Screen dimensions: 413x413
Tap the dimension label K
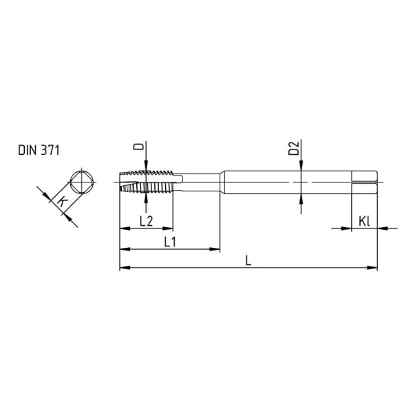pyautogui.click(x=61, y=202)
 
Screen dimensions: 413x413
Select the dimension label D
pyautogui.click(x=138, y=148)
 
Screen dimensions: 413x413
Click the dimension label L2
pyautogui.click(x=146, y=220)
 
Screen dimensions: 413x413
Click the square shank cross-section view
pyautogui.click(x=81, y=183)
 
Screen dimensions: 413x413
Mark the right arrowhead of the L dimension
pyautogui.click(x=374, y=267)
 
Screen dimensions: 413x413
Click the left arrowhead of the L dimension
pyautogui.click(x=124, y=267)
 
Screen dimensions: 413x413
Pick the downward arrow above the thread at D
pyautogui.click(x=147, y=164)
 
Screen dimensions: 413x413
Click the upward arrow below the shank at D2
pyautogui.click(x=301, y=200)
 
